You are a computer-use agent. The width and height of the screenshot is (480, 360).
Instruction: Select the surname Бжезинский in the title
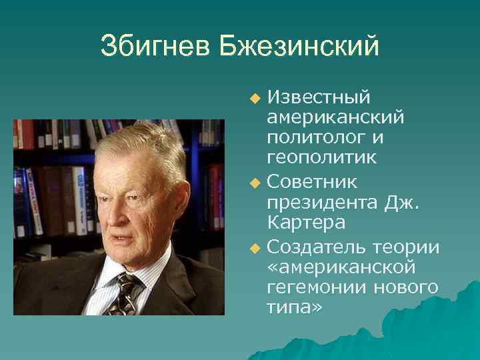click(299, 46)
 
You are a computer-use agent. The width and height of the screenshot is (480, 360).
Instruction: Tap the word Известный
click(319, 97)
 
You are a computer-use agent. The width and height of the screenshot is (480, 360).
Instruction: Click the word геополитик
click(321, 157)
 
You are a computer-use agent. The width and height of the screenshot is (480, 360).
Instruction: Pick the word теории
click(409, 247)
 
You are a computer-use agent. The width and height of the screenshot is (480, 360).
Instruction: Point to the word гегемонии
click(314, 287)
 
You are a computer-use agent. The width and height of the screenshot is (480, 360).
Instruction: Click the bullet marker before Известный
click(254, 99)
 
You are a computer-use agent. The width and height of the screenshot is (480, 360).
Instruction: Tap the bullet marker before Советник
click(254, 182)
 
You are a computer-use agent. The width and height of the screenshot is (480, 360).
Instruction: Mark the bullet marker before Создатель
click(254, 249)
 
